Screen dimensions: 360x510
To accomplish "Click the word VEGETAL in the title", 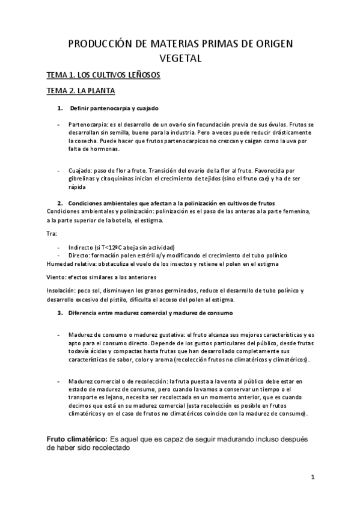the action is [180, 58].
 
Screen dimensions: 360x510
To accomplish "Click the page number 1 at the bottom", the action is [313, 477].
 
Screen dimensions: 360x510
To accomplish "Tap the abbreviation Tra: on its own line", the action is [52, 233].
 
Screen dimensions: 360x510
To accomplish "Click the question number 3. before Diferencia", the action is [60, 313].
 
